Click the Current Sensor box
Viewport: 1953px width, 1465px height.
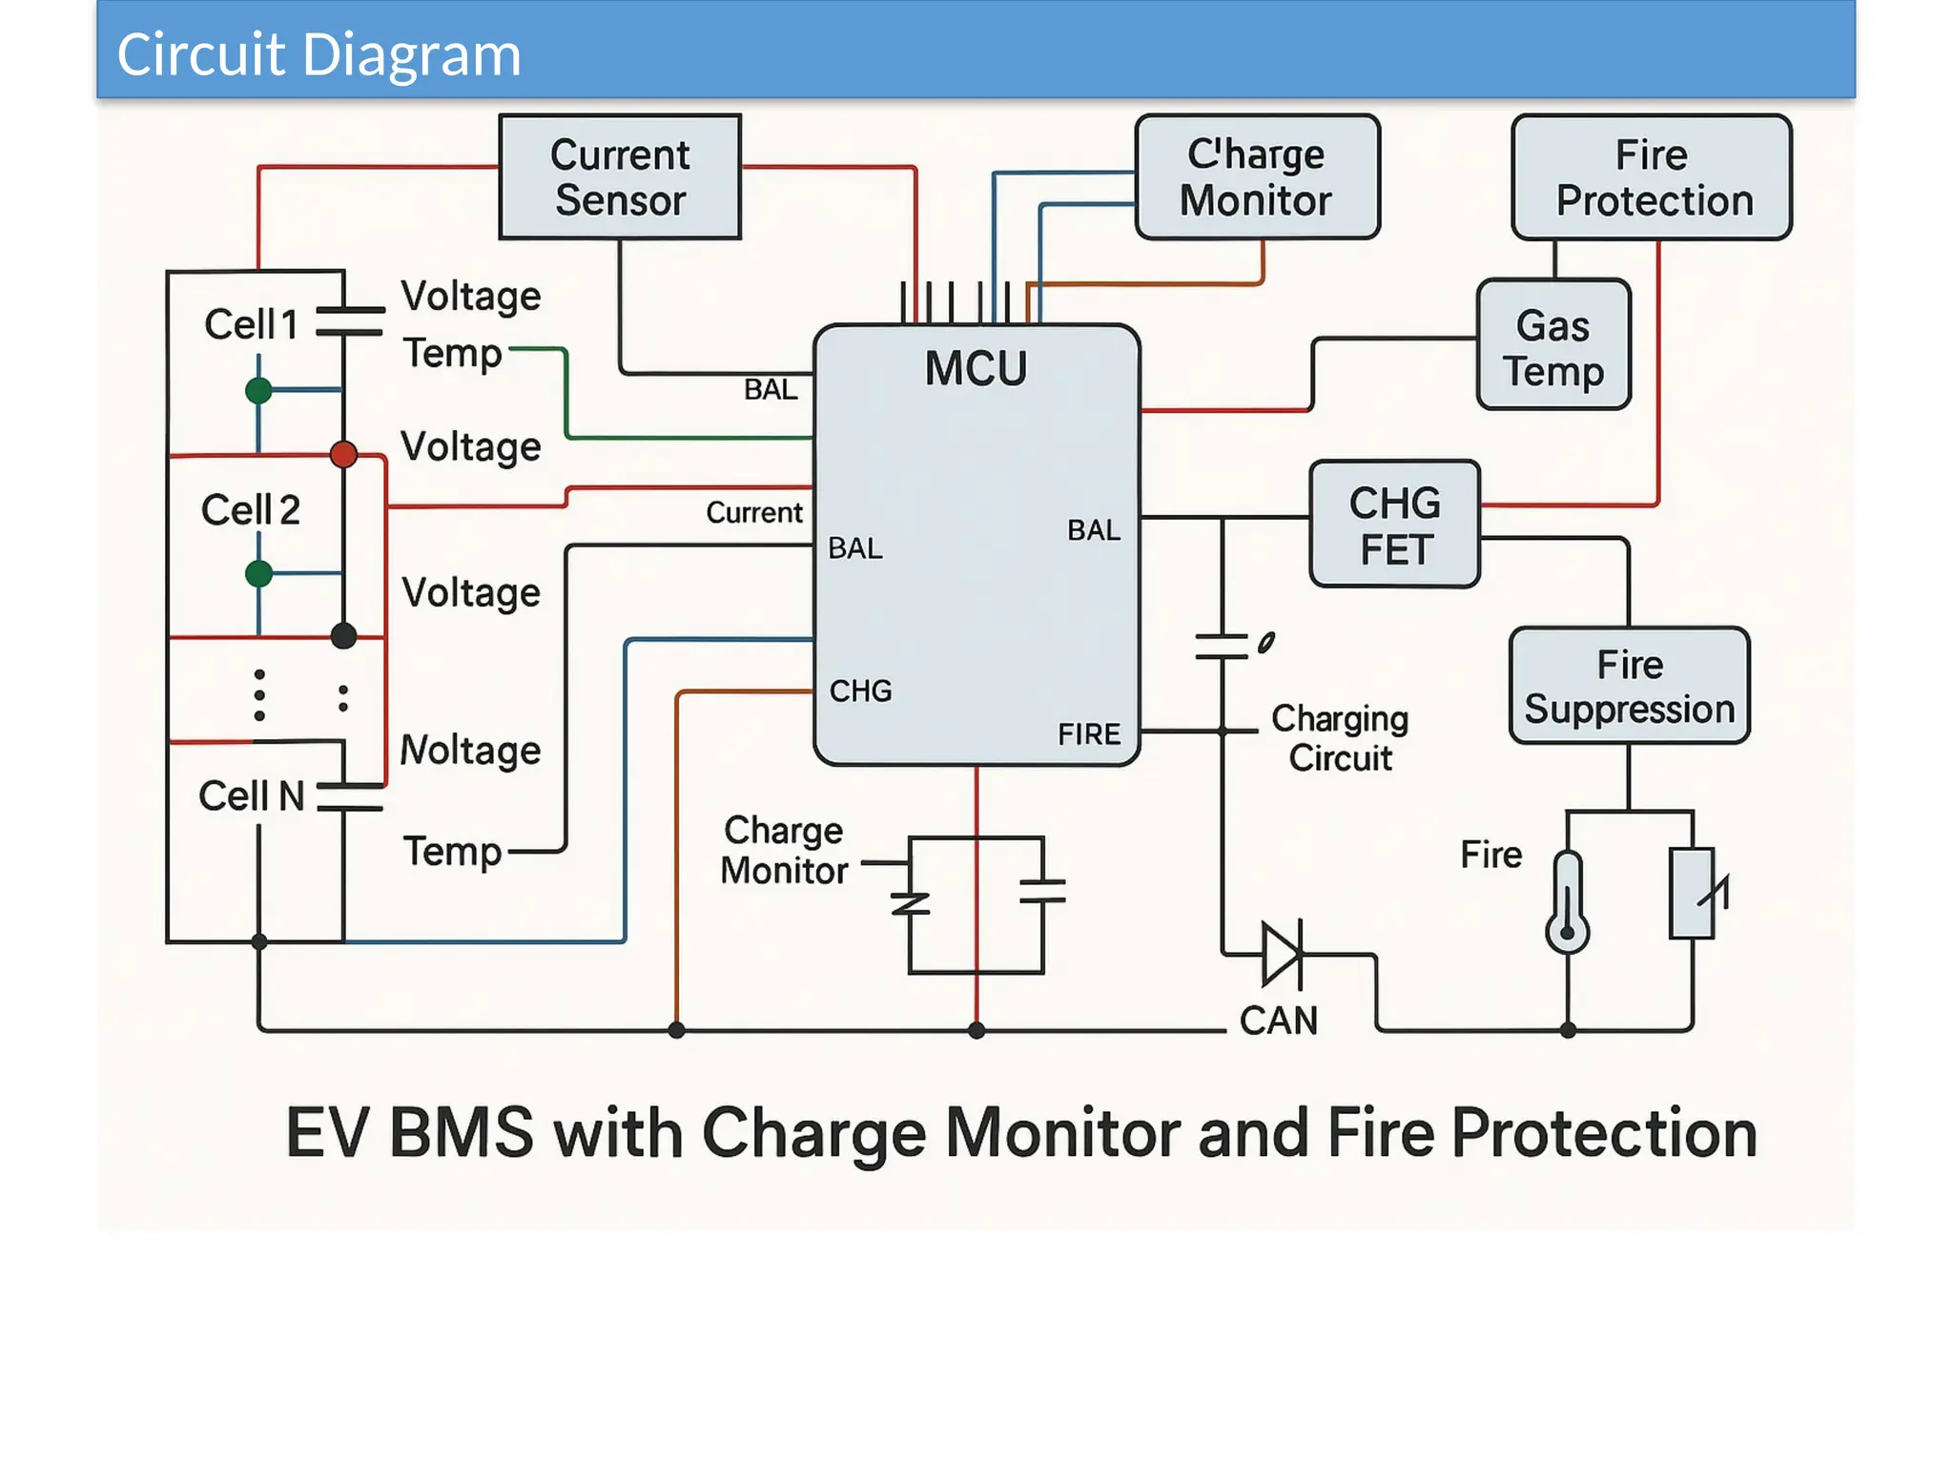pyautogui.click(x=620, y=177)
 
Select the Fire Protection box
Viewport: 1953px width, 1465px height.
pyautogui.click(x=1652, y=177)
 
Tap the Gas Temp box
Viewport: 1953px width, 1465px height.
pyautogui.click(x=1553, y=345)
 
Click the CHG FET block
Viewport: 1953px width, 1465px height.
pyautogui.click(x=1394, y=525)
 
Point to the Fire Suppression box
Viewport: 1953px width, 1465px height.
pyautogui.click(x=1629, y=686)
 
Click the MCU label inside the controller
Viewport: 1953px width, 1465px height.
pyautogui.click(x=976, y=368)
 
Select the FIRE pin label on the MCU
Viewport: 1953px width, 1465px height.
pyautogui.click(x=1089, y=733)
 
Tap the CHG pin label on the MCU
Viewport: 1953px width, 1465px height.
pyautogui.click(x=860, y=691)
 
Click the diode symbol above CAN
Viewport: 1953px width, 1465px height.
pyautogui.click(x=1281, y=953)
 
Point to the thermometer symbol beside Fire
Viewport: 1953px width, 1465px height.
pyautogui.click(x=1567, y=901)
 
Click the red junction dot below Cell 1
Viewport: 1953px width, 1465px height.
pyautogui.click(x=343, y=454)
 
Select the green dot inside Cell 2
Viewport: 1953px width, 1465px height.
pyautogui.click(x=258, y=573)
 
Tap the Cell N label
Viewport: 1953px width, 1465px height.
pyautogui.click(x=251, y=795)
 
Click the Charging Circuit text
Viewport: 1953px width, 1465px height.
pyautogui.click(x=1340, y=738)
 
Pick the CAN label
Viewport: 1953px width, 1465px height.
pyautogui.click(x=1278, y=1021)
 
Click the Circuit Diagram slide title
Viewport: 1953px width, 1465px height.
pyautogui.click(x=319, y=53)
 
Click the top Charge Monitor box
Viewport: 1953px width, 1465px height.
pyautogui.click(x=1257, y=177)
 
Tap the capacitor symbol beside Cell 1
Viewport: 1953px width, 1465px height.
pyautogui.click(x=349, y=321)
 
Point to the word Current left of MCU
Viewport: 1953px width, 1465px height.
pyautogui.click(x=753, y=512)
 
